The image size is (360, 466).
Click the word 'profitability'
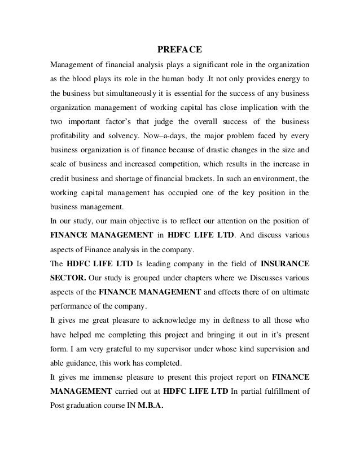pyautogui.click(x=72, y=135)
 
